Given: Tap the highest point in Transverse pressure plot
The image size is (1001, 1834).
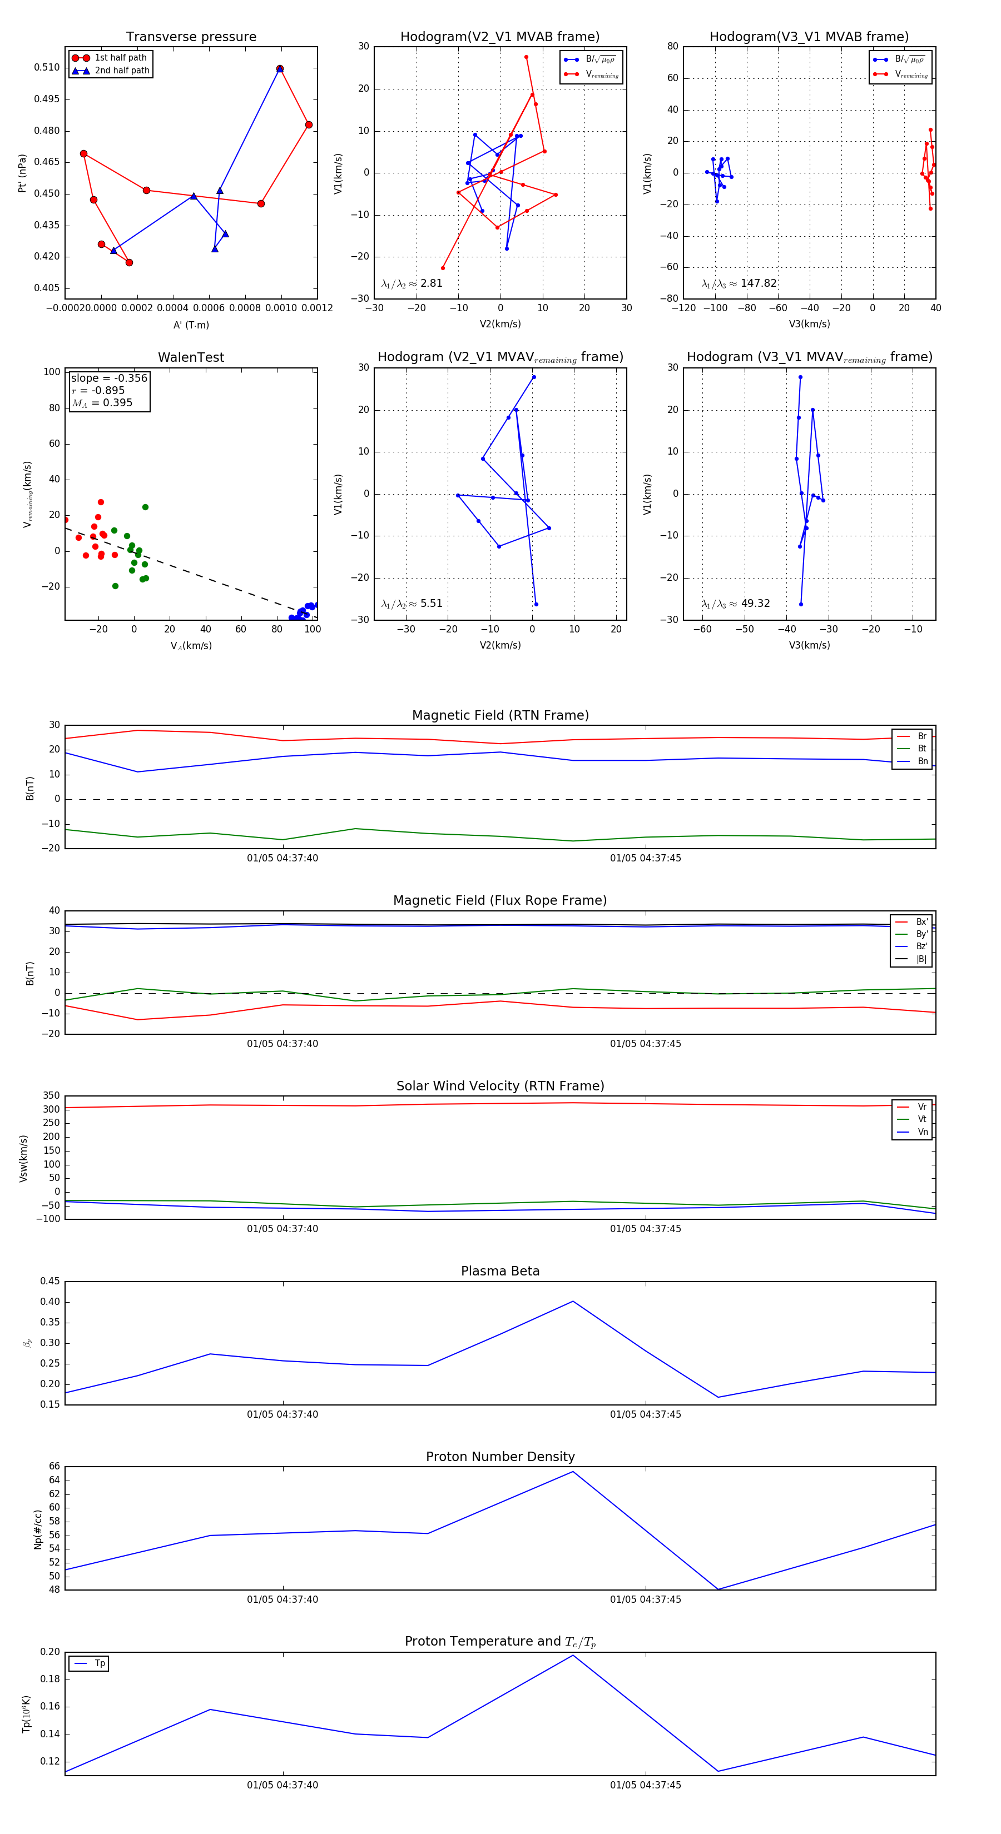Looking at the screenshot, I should (x=280, y=69).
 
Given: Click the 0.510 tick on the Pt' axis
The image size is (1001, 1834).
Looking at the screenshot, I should (x=47, y=68).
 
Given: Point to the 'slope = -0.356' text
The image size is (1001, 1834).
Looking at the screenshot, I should (x=109, y=378).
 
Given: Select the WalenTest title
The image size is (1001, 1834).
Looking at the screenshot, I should (x=191, y=357).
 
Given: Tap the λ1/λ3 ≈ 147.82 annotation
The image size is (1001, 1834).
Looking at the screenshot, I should (x=739, y=283).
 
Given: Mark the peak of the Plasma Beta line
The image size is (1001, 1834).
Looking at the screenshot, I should (x=573, y=1302).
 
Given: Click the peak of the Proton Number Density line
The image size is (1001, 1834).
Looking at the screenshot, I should (x=573, y=1472).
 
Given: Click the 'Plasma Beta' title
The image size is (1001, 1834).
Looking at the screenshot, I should (x=500, y=1272).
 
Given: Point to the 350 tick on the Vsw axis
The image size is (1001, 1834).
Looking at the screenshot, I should (x=51, y=1096).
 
